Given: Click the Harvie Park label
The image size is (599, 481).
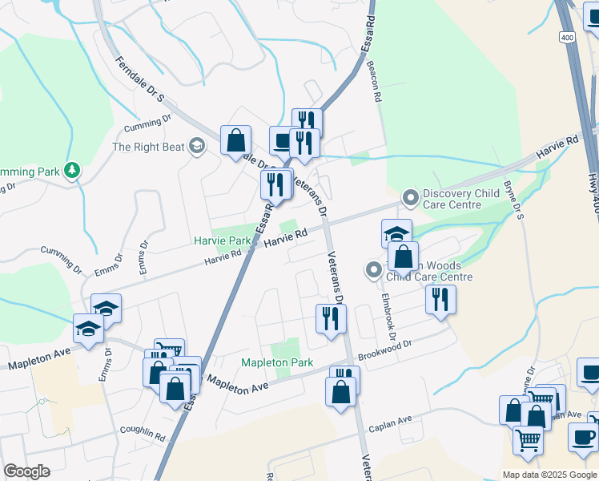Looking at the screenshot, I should point(223,240).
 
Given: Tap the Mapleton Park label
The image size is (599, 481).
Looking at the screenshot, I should point(277,362).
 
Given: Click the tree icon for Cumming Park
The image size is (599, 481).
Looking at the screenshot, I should point(73,171).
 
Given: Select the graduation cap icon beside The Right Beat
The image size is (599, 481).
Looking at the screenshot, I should point(197,146).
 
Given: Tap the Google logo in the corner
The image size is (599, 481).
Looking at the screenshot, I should point(27,471).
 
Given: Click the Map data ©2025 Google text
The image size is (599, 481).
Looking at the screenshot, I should point(550,475).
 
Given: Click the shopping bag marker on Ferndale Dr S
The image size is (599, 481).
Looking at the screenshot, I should point(235,141).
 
